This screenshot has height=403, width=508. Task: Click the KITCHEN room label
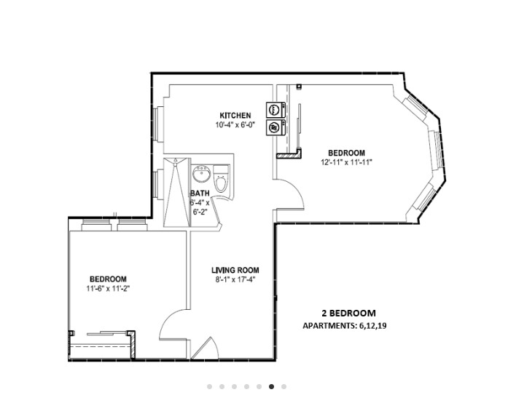click(235, 116)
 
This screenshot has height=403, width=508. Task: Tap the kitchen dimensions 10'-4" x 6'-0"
click(235, 125)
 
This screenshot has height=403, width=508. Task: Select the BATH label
click(200, 193)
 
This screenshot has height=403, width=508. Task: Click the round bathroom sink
click(201, 175)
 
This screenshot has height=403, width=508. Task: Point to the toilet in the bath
click(222, 181)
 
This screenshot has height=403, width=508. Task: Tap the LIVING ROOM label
click(235, 270)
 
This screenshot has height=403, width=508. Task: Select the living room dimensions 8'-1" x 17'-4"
click(235, 279)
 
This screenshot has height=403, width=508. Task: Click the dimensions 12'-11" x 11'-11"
click(346, 162)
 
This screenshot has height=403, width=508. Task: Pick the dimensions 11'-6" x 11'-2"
click(108, 288)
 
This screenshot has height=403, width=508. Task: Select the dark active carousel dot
click(271, 387)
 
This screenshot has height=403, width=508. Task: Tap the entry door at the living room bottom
click(206, 348)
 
